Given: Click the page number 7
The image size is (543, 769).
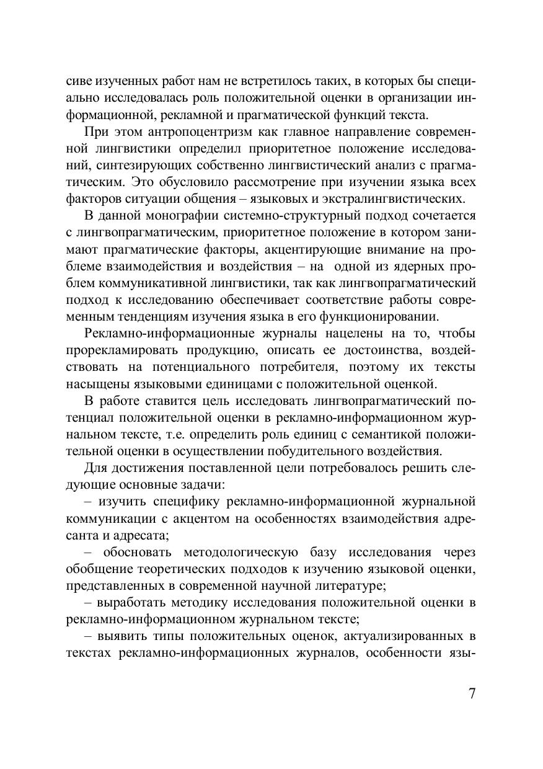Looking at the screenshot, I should tap(472, 693).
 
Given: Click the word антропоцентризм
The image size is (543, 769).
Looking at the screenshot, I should tap(174, 133).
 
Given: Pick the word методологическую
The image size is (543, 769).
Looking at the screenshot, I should tap(237, 552).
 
